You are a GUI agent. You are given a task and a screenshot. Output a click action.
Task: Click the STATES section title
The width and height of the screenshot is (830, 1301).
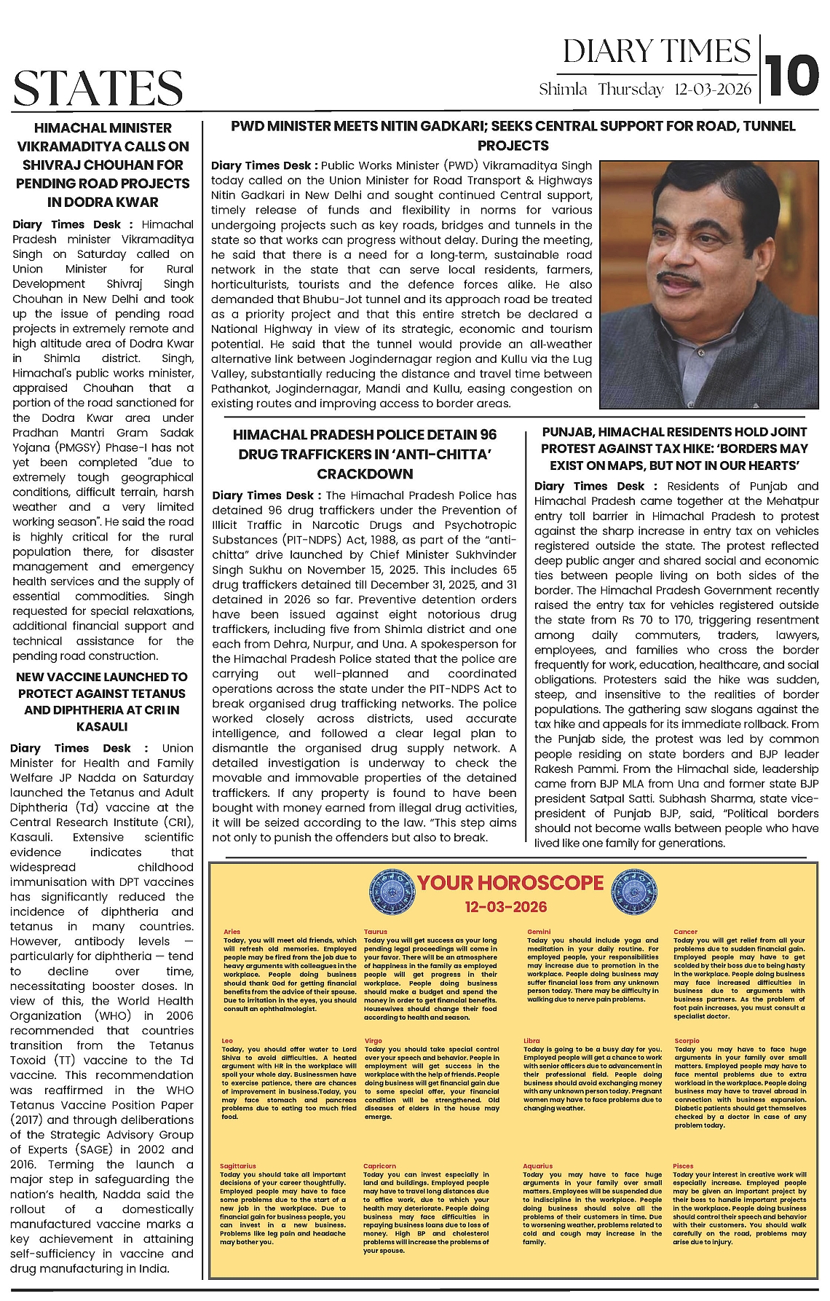[98, 89]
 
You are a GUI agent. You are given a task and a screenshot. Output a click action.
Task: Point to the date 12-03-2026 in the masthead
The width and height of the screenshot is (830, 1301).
[713, 90]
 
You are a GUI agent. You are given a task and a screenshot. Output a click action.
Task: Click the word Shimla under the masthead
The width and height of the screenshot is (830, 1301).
[563, 90]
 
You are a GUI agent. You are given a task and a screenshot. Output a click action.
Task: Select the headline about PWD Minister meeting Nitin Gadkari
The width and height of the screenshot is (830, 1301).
[513, 135]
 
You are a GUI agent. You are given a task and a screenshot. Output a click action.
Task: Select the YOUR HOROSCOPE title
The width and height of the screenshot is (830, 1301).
[510, 883]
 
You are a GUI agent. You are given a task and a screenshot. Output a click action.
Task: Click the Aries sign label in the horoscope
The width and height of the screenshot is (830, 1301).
[232, 932]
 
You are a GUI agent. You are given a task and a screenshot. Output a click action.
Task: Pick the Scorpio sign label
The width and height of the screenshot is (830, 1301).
[687, 1041]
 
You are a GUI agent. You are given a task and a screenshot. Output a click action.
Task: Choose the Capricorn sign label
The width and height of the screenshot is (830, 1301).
[379, 1166]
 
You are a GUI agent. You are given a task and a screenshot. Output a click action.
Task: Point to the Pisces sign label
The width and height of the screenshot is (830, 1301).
[684, 1166]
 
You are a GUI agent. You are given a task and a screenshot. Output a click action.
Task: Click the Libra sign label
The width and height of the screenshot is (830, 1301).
[531, 1041]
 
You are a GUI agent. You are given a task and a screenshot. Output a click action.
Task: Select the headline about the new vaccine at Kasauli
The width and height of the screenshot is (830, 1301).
[102, 701]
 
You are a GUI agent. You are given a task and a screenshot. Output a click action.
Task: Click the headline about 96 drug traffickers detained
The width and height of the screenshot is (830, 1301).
[365, 454]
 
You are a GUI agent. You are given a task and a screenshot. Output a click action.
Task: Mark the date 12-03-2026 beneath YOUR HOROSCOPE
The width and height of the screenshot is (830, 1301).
[505, 907]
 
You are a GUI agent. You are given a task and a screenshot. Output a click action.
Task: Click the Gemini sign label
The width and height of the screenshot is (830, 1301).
[539, 932]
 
